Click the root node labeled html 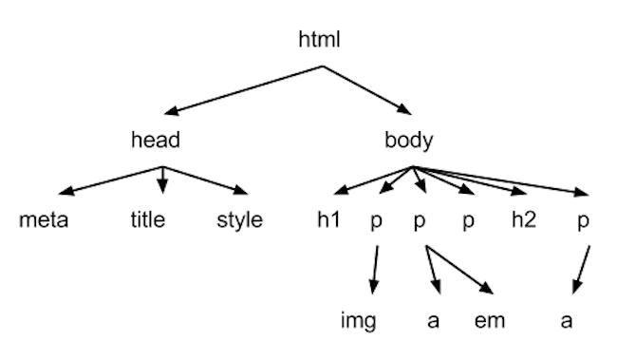click(x=319, y=40)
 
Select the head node click(x=156, y=142)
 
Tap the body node click(x=409, y=142)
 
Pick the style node click(x=239, y=221)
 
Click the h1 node click(x=328, y=221)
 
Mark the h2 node click(x=523, y=221)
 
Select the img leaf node click(x=359, y=320)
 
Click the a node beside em click(x=433, y=320)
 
